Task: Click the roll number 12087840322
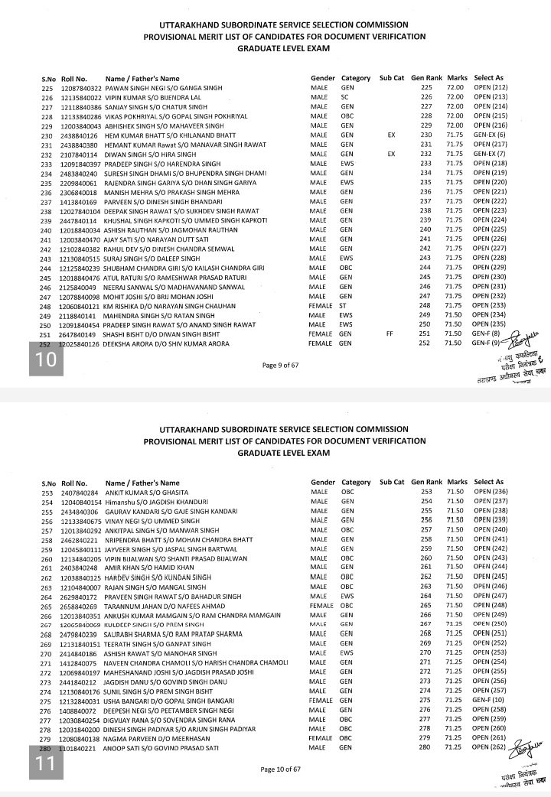[81, 89]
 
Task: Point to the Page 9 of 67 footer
[281, 365]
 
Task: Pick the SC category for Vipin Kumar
[344, 98]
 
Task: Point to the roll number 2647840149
[79, 334]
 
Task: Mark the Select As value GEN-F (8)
[489, 334]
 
